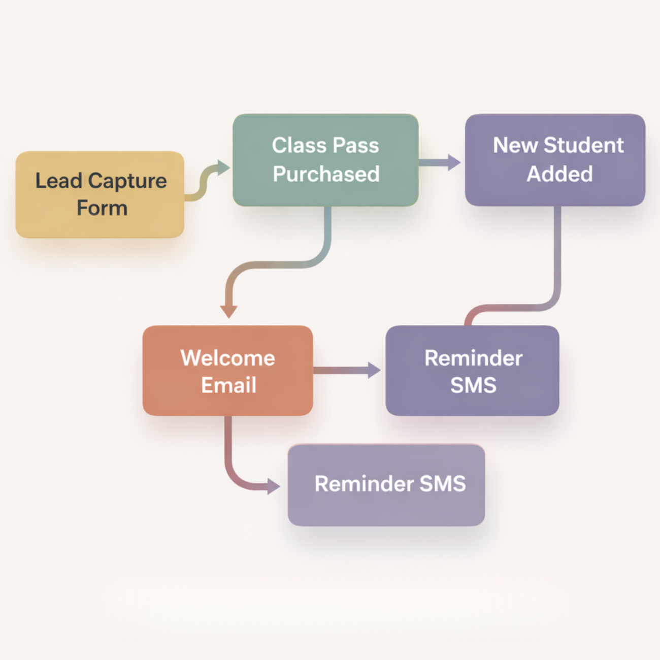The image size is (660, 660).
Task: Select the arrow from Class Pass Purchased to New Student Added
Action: pyautogui.click(x=440, y=162)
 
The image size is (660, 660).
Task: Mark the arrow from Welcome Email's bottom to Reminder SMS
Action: pyautogui.click(x=239, y=477)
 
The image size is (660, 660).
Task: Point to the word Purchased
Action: pyautogui.click(x=326, y=174)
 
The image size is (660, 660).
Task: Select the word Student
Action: pyautogui.click(x=583, y=146)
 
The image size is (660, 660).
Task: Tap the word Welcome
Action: pyautogui.click(x=227, y=358)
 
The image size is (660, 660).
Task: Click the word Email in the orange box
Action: pyautogui.click(x=228, y=385)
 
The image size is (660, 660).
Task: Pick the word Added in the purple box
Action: pyautogui.click(x=559, y=174)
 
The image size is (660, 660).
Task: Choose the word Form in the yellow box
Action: pyautogui.click(x=102, y=208)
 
